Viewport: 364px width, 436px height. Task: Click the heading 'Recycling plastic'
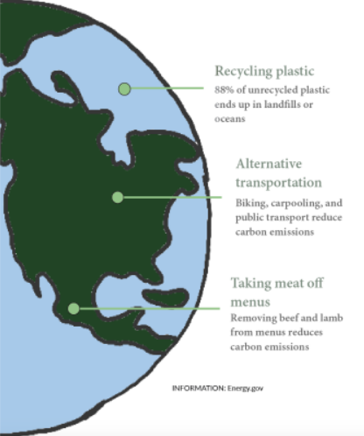(x=264, y=71)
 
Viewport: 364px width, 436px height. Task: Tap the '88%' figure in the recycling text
(x=224, y=89)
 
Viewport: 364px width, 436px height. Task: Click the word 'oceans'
(x=230, y=119)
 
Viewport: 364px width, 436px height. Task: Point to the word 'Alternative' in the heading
(x=269, y=164)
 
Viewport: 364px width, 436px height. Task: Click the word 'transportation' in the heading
(x=278, y=183)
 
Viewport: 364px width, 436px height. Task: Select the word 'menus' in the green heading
(x=250, y=302)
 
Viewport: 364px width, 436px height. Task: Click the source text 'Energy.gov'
(x=245, y=389)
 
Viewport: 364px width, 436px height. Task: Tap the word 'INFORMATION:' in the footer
(x=199, y=388)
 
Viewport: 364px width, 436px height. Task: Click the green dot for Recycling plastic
(x=124, y=89)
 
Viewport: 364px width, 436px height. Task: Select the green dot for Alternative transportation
(x=117, y=198)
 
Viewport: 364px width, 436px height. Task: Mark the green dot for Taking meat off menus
(x=73, y=308)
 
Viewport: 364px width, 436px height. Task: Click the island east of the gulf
(x=165, y=297)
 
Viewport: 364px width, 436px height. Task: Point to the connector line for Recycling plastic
(x=167, y=88)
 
